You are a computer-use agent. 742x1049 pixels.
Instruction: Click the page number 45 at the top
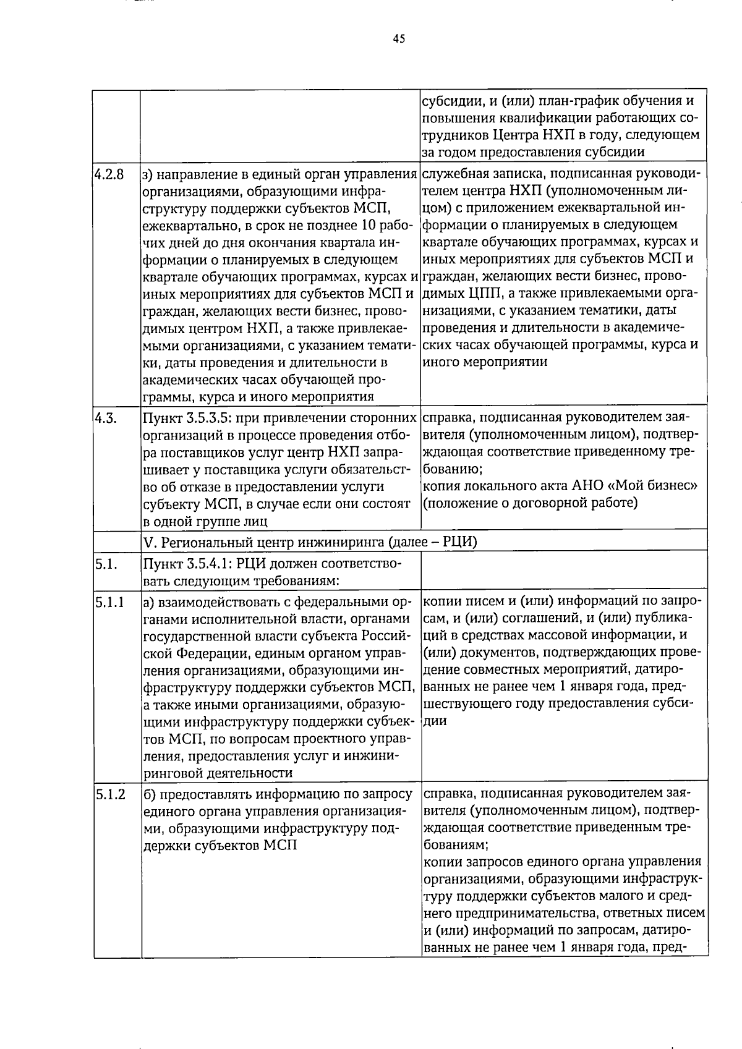click(x=399, y=38)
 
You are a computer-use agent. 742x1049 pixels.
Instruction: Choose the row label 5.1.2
click(x=110, y=794)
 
